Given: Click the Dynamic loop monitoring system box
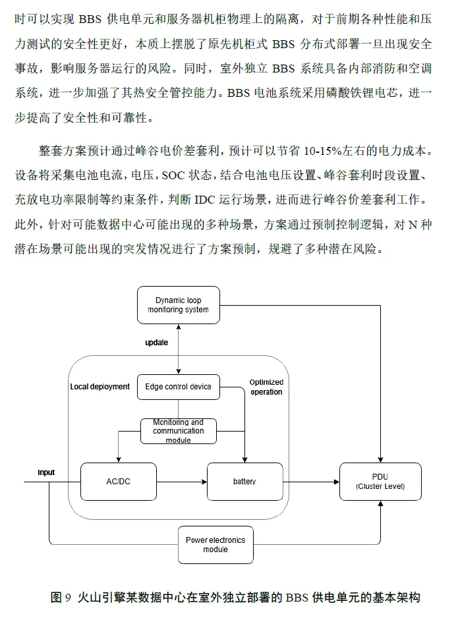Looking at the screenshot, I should click(x=178, y=305).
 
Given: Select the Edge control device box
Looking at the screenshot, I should click(x=178, y=387).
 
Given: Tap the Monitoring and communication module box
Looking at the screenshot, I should click(x=178, y=431).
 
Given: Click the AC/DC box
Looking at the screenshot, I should click(x=119, y=482).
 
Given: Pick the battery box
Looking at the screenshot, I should click(x=244, y=482).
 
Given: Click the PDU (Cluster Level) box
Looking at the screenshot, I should click(x=380, y=482).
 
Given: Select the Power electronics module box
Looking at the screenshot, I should click(x=215, y=544).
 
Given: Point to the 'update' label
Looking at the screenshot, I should click(x=156, y=343).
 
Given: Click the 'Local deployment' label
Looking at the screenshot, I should click(x=100, y=387).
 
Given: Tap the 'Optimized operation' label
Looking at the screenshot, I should click(x=266, y=387).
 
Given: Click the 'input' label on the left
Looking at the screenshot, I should click(x=46, y=472).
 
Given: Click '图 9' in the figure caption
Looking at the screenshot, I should click(x=61, y=598).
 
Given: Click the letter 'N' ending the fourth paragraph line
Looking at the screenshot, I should click(x=413, y=224).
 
